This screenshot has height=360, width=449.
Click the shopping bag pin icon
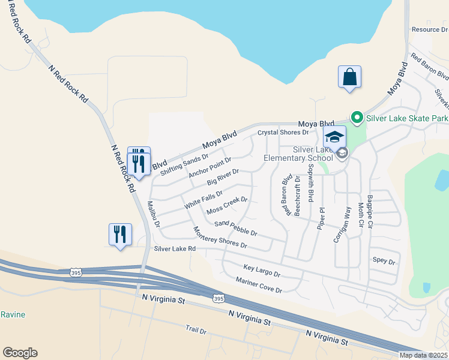[x=349, y=77]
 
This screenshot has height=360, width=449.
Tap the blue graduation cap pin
[x=334, y=137]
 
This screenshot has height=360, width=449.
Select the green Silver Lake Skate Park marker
[x=356, y=117]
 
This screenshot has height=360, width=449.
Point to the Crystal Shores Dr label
[x=283, y=132]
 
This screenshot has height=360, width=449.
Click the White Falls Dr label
[x=203, y=199]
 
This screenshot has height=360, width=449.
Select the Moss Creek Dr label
[x=227, y=206]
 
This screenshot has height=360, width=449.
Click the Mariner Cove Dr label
[x=259, y=285]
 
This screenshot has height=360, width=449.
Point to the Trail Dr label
[x=196, y=331]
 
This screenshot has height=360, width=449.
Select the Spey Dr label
[x=384, y=262]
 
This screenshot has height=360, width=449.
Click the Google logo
[x=20, y=353]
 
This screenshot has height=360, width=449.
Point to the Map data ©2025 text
[x=424, y=355]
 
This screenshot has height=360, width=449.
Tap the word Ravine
[x=12, y=314]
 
